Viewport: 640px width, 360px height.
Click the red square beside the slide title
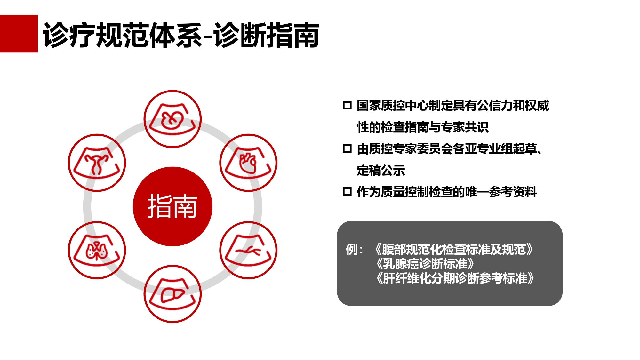[x=19, y=34]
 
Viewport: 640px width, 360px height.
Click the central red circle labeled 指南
[x=172, y=206]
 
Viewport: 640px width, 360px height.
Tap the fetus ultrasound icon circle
[x=172, y=119]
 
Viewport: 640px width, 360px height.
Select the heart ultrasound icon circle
[x=248, y=163]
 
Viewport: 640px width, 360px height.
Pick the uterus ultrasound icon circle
[x=97, y=163]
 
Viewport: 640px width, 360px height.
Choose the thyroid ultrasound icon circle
[x=97, y=250]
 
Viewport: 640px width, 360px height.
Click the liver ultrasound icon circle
[x=172, y=294]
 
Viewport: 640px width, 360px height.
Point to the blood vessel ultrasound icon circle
[x=248, y=250]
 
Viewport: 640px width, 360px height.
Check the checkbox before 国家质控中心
[x=347, y=105]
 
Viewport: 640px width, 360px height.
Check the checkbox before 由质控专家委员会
[x=347, y=148]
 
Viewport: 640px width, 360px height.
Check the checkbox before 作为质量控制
[x=347, y=192]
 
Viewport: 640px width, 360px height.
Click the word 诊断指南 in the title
[x=266, y=35]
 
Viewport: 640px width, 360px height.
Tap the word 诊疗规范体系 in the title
[x=123, y=35]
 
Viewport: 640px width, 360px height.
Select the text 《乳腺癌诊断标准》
[x=425, y=264]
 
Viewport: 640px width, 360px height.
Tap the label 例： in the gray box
[x=355, y=250]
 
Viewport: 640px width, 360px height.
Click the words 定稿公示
[x=381, y=171]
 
